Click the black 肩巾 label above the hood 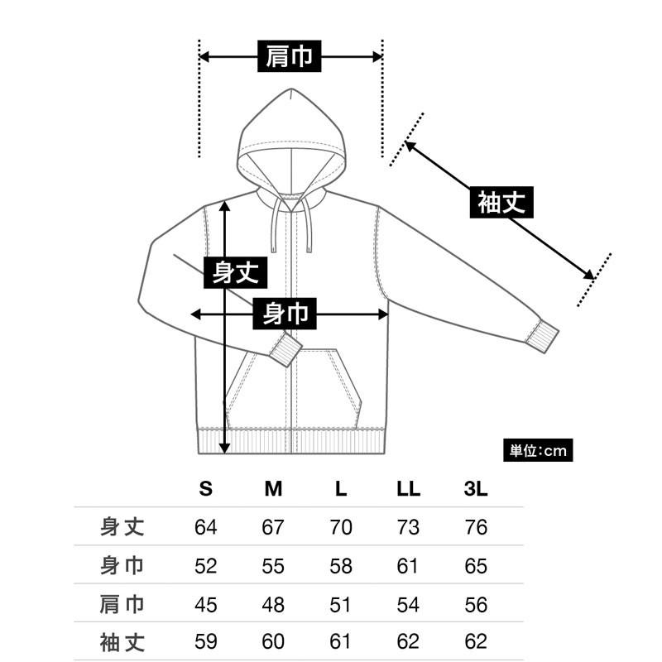(x=289, y=56)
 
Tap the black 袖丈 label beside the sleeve (x=501, y=202)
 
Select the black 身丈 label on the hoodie (x=236, y=272)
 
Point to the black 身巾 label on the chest (x=285, y=314)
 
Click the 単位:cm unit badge (x=538, y=450)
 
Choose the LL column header (x=408, y=489)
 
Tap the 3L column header (x=476, y=489)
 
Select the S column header (x=205, y=489)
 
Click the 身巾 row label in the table (x=122, y=565)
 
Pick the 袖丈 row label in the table (x=122, y=642)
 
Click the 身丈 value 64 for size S (x=205, y=527)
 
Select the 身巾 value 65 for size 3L (x=476, y=566)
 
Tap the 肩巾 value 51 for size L (x=340, y=605)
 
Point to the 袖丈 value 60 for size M (x=273, y=642)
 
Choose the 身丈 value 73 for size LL (x=408, y=527)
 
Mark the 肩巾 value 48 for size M (x=273, y=605)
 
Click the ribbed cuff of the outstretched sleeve (x=542, y=336)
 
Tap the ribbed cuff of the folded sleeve (x=285, y=349)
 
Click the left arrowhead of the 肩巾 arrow (x=204, y=56)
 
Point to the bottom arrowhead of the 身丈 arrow (x=225, y=449)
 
